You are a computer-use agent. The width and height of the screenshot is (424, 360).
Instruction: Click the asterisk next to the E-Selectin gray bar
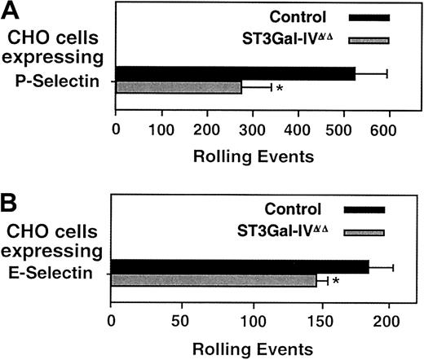[335, 283]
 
